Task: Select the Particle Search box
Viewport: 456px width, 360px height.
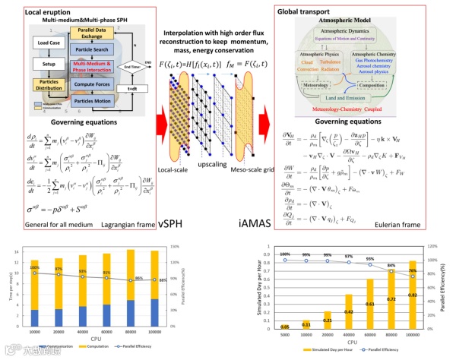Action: click(98, 57)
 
